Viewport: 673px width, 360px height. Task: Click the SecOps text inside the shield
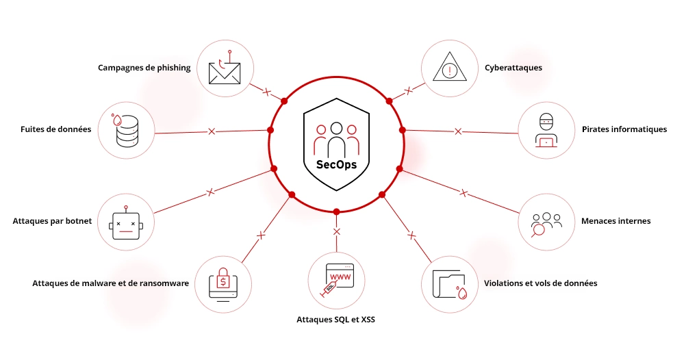(x=336, y=164)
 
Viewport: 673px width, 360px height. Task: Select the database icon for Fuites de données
(x=127, y=129)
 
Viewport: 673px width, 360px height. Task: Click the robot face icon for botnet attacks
(x=127, y=221)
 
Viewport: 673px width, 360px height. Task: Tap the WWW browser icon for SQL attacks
(x=336, y=280)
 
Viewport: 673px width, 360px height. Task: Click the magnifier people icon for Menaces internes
(x=546, y=222)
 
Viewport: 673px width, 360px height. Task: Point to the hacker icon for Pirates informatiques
(x=546, y=130)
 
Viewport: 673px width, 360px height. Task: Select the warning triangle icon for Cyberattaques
(x=449, y=68)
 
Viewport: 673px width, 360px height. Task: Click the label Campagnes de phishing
(x=144, y=68)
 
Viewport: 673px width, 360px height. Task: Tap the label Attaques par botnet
(x=52, y=221)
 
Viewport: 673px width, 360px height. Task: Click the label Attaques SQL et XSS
(x=335, y=319)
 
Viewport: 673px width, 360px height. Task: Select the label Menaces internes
(x=615, y=221)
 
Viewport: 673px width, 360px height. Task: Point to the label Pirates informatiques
(x=624, y=129)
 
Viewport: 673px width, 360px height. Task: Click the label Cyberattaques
(x=513, y=68)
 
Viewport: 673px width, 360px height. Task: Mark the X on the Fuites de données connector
(x=212, y=130)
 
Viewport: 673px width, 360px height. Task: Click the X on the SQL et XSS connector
(x=336, y=232)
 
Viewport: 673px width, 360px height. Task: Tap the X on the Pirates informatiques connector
(x=458, y=130)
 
